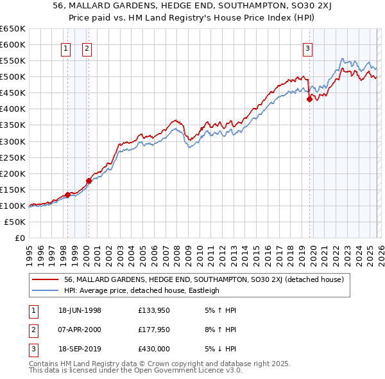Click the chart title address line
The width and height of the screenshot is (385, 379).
pyautogui.click(x=192, y=6)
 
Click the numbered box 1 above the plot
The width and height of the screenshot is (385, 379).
pyautogui.click(x=67, y=48)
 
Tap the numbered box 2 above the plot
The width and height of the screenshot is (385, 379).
pyautogui.click(x=87, y=48)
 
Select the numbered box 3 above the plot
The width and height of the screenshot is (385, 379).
pyautogui.click(x=308, y=48)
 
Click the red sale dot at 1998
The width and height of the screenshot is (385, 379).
pyautogui.click(x=67, y=195)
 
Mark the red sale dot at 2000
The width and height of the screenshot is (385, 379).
pyautogui.click(x=89, y=181)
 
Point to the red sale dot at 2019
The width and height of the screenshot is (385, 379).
pyautogui.click(x=309, y=100)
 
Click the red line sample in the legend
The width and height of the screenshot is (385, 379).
pyautogui.click(x=45, y=279)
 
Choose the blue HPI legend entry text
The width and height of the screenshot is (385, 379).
pyautogui.click(x=141, y=290)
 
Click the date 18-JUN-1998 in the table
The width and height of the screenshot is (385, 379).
pyautogui.click(x=78, y=310)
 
